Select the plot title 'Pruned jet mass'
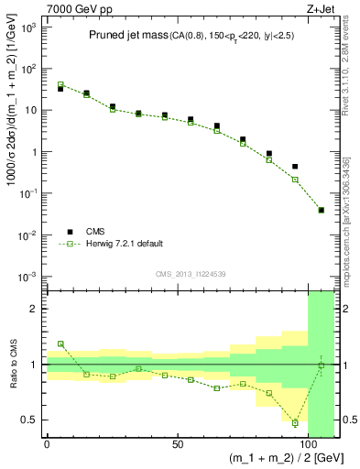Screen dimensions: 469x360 (129, 36)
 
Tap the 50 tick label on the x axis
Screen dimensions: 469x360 (177, 443)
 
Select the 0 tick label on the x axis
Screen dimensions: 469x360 (47, 443)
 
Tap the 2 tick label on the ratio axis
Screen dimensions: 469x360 (34, 309)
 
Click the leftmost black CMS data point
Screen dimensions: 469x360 (60, 89)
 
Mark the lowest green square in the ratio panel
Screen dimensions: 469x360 (295, 423)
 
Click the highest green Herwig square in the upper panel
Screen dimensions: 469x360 (60, 84)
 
